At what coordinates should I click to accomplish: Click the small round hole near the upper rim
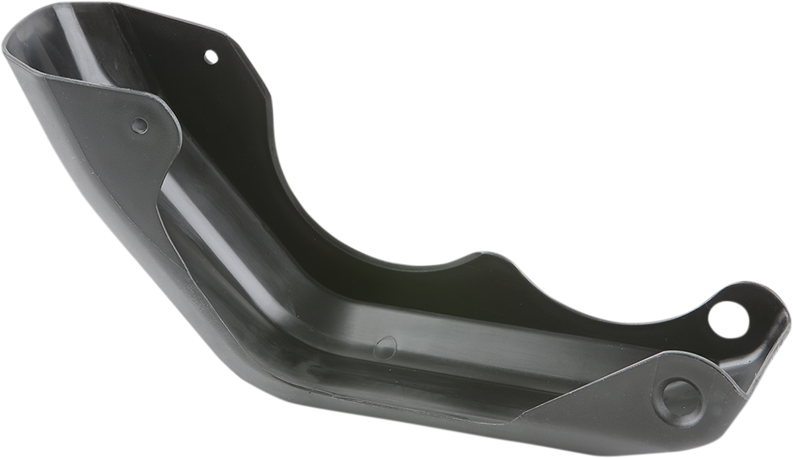pyautogui.click(x=210, y=57)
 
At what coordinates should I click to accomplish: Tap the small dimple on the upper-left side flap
pyautogui.click(x=139, y=125)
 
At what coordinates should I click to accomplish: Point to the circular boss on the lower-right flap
pyautogui.click(x=678, y=401)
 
